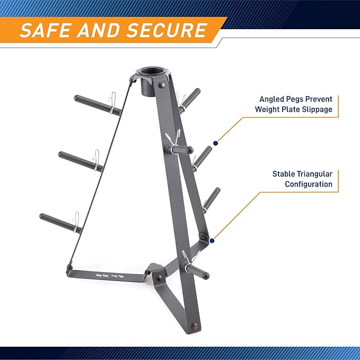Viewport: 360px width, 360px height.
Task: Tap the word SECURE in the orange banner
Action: (x=166, y=30)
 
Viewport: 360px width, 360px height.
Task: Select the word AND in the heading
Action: (x=98, y=30)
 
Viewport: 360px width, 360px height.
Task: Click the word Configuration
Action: (x=309, y=184)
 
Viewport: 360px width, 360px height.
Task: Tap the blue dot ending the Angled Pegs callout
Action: (x=215, y=143)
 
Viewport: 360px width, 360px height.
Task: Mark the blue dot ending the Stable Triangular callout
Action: (x=212, y=241)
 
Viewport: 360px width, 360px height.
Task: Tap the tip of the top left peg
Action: (x=76, y=98)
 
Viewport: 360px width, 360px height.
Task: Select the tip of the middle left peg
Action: (x=61, y=154)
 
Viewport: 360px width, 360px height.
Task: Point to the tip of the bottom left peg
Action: (x=42, y=216)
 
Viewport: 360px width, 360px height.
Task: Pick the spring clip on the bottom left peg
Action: (x=76, y=222)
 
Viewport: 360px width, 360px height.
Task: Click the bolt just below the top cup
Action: (x=162, y=85)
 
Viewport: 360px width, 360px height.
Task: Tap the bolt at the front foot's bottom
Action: (x=195, y=326)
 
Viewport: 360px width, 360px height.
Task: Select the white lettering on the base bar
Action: (x=110, y=276)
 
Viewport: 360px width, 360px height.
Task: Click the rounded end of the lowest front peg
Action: (x=206, y=275)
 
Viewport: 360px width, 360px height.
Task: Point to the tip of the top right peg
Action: (x=197, y=91)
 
